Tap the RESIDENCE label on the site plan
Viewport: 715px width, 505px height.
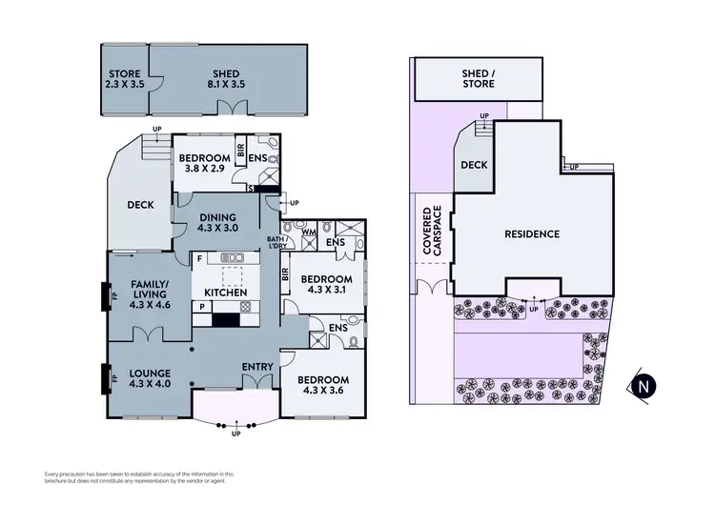pyautogui.click(x=532, y=233)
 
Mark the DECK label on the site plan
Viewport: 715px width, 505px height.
pyautogui.click(x=474, y=165)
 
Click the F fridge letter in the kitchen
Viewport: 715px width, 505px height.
pyautogui.click(x=198, y=258)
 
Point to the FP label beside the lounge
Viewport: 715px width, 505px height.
pyautogui.click(x=114, y=378)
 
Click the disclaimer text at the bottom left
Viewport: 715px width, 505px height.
pyautogui.click(x=139, y=476)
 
